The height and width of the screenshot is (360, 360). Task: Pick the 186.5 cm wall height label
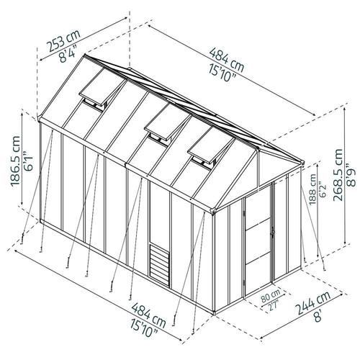tap(16, 161)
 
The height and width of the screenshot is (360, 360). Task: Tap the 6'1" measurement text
tap(29, 161)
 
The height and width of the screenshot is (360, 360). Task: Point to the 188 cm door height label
tap(312, 189)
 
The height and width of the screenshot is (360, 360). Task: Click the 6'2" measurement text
tap(323, 190)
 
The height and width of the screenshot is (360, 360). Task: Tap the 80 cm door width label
tap(271, 296)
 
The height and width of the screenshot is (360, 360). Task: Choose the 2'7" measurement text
tap(274, 305)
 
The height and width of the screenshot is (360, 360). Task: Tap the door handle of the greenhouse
tap(273, 233)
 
